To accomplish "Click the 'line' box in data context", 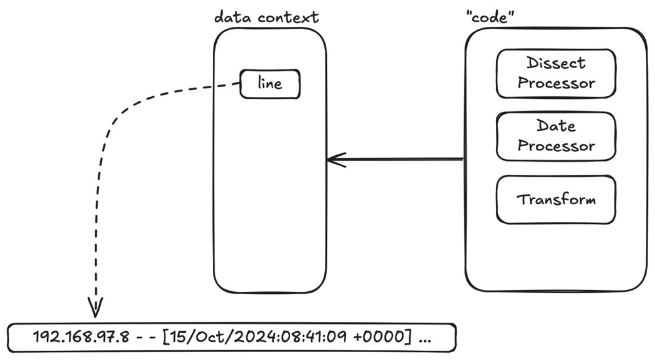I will click(270, 84).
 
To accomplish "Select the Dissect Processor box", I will click(556, 73).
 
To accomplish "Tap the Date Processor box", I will click(556, 135).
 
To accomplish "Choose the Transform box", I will click(556, 199).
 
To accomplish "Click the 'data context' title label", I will click(267, 17).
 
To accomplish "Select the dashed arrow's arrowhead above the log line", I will click(96, 305).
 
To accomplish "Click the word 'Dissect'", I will click(556, 64).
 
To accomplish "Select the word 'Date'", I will click(556, 126).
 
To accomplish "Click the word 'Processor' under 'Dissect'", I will click(556, 83).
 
